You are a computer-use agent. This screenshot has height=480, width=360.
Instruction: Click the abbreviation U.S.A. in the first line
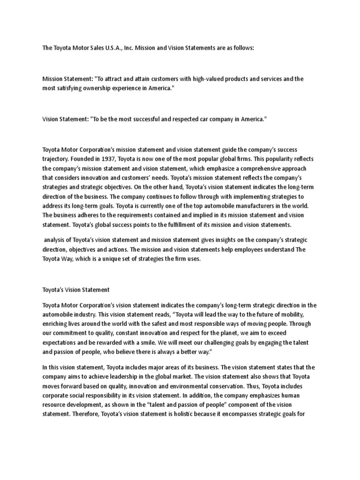(102, 47)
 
